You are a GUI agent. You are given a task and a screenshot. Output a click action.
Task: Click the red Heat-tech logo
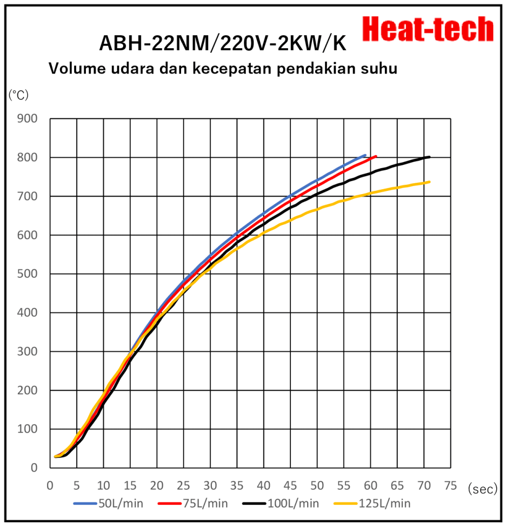point(428,29)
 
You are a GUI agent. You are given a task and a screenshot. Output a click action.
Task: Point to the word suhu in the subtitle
point(379,69)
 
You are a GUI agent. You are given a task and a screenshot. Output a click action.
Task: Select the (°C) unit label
point(19,95)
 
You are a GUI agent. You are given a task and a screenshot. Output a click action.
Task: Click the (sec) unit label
point(482,489)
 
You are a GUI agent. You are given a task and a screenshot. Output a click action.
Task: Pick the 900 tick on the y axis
point(28,118)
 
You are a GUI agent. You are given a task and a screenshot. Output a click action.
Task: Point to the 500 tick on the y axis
point(28,274)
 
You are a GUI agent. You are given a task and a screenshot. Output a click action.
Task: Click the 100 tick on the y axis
point(28,429)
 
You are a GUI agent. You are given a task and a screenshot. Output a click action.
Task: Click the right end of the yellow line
point(429,182)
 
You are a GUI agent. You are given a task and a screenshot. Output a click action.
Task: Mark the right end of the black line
point(430,157)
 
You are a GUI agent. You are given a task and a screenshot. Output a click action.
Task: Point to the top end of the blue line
point(365,155)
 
